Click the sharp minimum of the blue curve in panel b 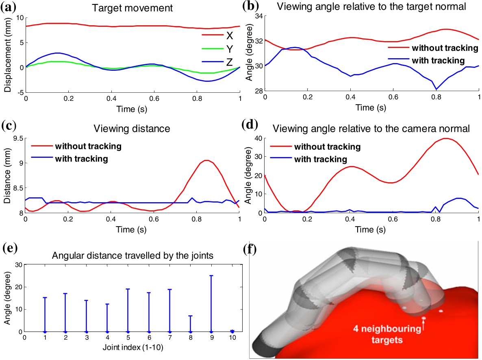point(436,89)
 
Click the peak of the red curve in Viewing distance point(206,160)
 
